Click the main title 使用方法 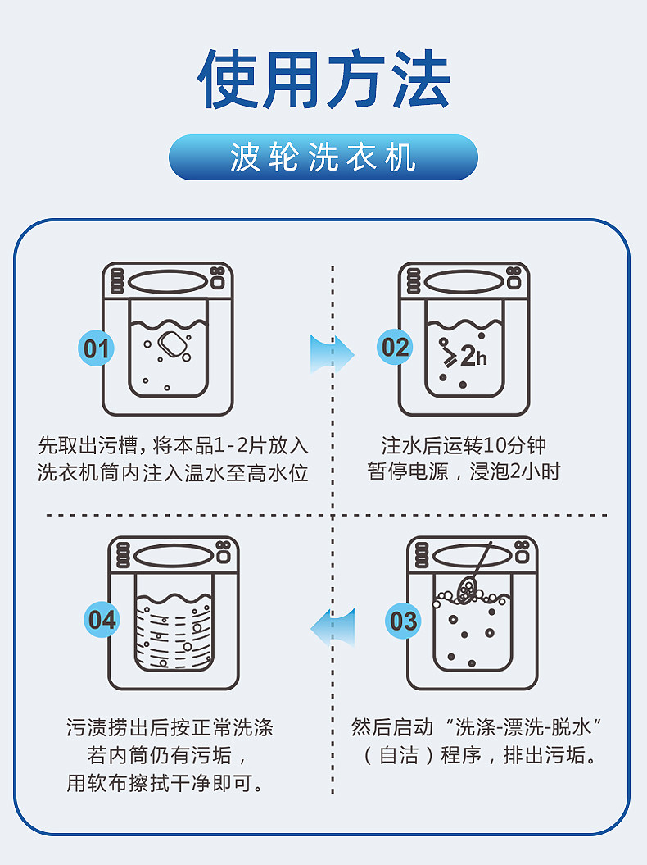tap(323, 80)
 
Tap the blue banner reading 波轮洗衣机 tap(323, 157)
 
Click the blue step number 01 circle tap(96, 349)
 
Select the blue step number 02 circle tap(395, 348)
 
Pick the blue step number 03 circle tap(403, 621)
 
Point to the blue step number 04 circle tap(102, 620)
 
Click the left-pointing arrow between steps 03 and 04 tap(333, 626)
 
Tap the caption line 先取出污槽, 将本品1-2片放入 tap(173, 446)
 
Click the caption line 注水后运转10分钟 tap(464, 446)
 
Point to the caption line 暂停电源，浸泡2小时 tap(464, 473)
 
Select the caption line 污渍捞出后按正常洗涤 tap(170, 727)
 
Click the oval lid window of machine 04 tap(174, 556)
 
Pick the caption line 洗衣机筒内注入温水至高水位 tap(173, 473)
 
